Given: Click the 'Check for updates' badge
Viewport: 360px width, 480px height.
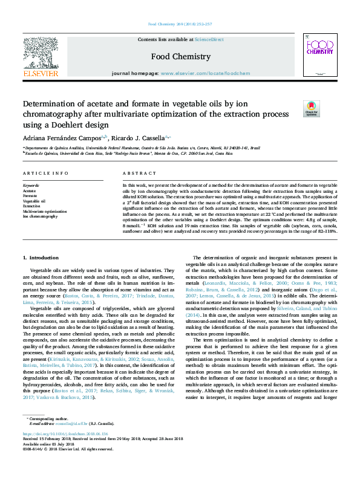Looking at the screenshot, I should click(311, 108).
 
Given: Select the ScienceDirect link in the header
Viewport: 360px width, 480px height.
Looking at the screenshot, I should click(209, 39).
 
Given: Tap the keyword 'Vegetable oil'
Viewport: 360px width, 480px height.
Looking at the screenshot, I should click(34, 201).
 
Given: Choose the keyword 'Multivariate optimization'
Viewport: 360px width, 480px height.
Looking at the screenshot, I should click(45, 211).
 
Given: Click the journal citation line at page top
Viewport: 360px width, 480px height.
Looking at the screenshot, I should click(180, 25).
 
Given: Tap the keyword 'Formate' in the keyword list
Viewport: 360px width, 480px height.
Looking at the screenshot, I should click(30, 196).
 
